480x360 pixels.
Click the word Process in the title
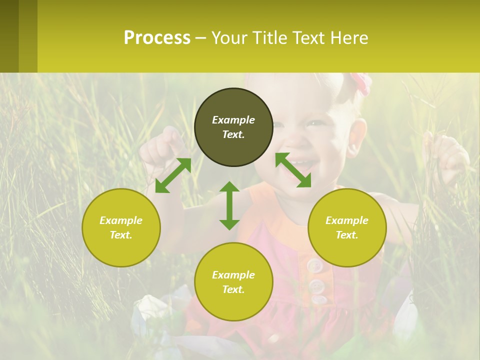pyautogui.click(x=157, y=38)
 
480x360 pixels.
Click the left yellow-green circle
pyautogui.click(x=121, y=227)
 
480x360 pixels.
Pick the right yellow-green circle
pyautogui.click(x=347, y=227)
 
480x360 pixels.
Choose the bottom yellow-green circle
pyautogui.click(x=233, y=281)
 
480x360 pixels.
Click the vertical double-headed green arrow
pyautogui.click(x=229, y=205)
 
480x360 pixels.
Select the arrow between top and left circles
pyautogui.click(x=173, y=175)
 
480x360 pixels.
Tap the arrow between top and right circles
pyautogui.click(x=293, y=170)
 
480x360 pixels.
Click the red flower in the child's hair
pyautogui.click(x=361, y=82)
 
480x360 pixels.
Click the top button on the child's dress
pyautogui.click(x=314, y=265)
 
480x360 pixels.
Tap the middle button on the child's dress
pyautogui.click(x=316, y=286)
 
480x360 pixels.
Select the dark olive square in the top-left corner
pyautogui.click(x=9, y=36)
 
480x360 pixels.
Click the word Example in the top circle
pyautogui.click(x=233, y=120)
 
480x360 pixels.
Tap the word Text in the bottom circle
pyautogui.click(x=232, y=289)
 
